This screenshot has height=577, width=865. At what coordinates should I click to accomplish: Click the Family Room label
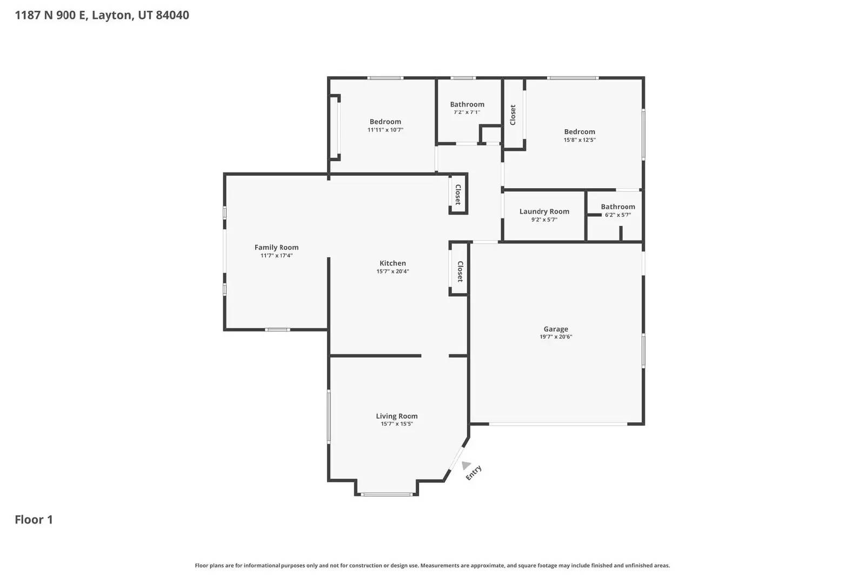point(276,248)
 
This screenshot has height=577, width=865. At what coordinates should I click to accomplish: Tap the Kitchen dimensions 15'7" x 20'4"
point(392,271)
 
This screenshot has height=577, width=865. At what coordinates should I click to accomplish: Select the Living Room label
point(397,416)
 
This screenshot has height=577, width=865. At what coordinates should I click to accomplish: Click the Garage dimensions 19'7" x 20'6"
point(556,337)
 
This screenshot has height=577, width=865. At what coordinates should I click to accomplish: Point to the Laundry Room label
point(544,211)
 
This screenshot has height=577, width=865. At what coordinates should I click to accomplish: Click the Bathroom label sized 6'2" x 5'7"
point(617,207)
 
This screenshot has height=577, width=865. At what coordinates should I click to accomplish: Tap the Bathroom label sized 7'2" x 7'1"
point(467,104)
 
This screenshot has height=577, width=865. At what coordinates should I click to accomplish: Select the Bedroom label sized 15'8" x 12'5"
point(580,131)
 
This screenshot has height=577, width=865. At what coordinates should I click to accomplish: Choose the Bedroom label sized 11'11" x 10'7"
point(385,122)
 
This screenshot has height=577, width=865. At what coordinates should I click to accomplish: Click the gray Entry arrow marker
point(465,465)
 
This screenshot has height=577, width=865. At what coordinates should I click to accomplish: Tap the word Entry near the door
point(474,473)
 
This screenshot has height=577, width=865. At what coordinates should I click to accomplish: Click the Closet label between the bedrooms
point(513,115)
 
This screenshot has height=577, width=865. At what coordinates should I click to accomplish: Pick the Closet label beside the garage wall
point(460,271)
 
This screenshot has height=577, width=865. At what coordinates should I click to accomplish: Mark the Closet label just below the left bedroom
point(457,195)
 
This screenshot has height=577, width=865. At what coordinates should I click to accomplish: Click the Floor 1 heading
point(34,520)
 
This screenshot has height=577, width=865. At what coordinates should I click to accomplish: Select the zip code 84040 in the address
point(172,15)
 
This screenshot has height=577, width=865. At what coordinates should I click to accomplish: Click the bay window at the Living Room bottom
point(387,494)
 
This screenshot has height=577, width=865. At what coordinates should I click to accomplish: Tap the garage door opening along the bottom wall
point(558,424)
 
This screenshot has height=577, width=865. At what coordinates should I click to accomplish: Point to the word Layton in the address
point(111,15)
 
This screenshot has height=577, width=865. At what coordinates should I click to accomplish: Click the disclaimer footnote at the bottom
point(432,566)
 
